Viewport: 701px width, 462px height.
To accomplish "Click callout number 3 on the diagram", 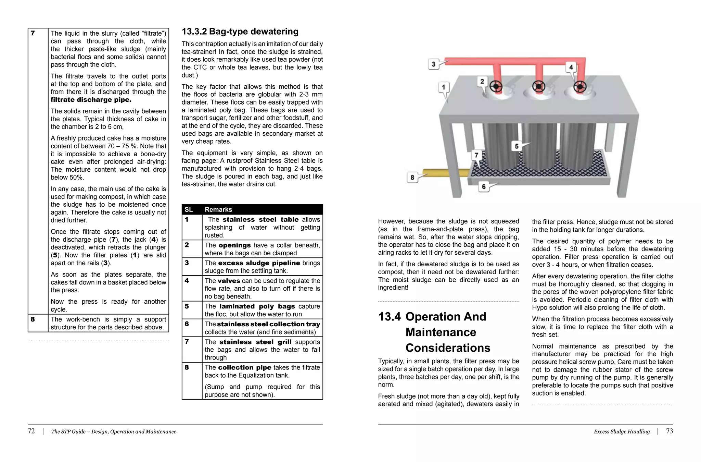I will tap(433, 64).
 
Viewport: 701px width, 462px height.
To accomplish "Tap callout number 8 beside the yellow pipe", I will tap(412, 178).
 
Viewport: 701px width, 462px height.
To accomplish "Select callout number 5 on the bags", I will tap(517, 146).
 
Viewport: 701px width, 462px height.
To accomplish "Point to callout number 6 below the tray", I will tap(483, 187).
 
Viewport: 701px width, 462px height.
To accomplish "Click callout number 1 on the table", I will tap(444, 87).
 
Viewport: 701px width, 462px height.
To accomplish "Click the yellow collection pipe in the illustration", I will tap(445, 172).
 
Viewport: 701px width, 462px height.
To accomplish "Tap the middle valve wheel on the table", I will tap(538, 87).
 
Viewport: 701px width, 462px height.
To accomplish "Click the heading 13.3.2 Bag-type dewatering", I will tap(240, 32).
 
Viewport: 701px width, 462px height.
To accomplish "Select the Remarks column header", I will tap(218, 209).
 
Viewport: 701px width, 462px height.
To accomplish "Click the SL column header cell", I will tap(189, 209).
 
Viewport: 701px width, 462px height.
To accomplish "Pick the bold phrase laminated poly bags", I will tap(257, 306).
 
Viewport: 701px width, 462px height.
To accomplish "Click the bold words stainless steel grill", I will tap(255, 342).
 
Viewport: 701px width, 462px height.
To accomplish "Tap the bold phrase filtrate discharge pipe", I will tap(91, 100).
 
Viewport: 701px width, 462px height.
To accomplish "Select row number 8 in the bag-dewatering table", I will tap(187, 367).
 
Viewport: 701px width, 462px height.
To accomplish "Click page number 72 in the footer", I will tap(31, 431).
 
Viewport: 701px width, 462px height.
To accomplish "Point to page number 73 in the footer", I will tap(669, 431).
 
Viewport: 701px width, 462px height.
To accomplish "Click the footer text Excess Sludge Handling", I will tap(622, 431).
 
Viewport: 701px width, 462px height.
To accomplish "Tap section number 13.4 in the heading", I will tap(389, 317).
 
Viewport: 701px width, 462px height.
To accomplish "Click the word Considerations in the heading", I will tap(448, 348).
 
